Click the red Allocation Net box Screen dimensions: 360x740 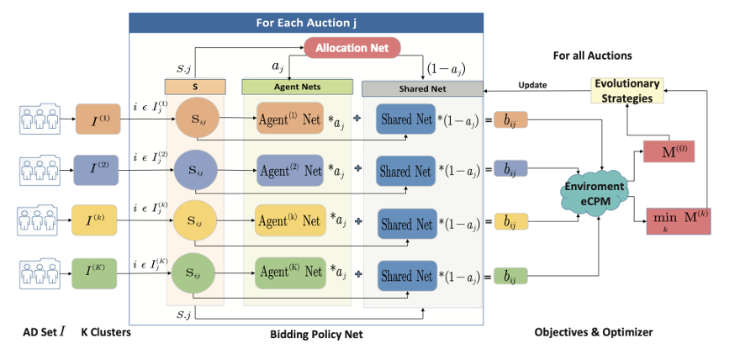point(352,47)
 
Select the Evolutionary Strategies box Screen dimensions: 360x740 point(626,90)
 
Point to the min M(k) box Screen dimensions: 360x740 point(678,220)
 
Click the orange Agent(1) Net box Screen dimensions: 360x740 point(290,119)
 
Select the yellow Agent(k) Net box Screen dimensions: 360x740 point(290,223)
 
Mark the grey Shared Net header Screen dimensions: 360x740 point(420,87)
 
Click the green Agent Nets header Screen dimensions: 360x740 point(297,86)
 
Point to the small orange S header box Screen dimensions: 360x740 point(195,86)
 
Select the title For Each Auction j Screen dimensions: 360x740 point(306,22)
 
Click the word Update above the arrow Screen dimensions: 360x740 point(532,85)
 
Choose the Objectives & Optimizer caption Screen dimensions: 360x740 point(593,332)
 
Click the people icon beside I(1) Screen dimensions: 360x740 point(37,119)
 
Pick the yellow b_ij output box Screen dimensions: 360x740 point(510,223)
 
